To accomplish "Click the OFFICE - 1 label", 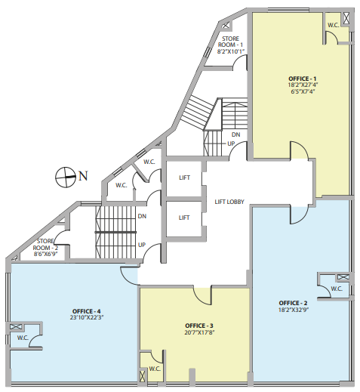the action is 303,79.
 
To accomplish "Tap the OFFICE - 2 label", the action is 293,303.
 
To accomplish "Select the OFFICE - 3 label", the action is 199,326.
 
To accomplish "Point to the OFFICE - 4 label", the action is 86,311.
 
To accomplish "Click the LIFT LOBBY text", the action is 229,202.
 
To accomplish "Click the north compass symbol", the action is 66,177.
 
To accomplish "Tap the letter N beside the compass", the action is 83,176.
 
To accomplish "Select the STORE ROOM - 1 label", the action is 231,42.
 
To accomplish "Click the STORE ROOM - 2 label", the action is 45,245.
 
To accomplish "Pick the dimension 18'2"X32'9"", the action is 294,310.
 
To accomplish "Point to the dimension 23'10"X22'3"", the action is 87,318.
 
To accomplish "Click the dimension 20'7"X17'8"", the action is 199,332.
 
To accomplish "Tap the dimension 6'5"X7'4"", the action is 303,91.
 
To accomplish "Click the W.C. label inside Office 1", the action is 334,25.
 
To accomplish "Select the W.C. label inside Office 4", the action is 23,338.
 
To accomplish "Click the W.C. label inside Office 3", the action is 155,369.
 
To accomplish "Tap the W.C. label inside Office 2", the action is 337,289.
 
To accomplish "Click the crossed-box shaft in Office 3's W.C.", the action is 143,376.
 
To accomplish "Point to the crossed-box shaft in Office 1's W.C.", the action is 346,18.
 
